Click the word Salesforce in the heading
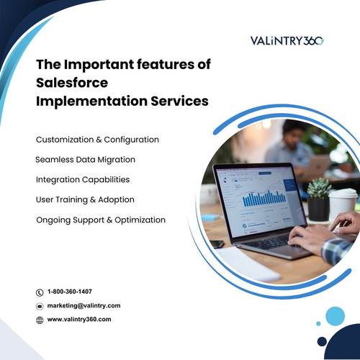coord(68,83)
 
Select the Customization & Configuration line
coord(97,139)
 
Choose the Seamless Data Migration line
coord(85,159)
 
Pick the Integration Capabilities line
coord(83,179)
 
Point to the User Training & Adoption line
coord(85,199)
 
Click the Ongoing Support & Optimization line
coord(101,220)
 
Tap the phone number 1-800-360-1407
coord(79,292)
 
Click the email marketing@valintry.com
coord(84,305)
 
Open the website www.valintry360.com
coord(79,319)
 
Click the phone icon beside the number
coord(40,292)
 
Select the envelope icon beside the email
coord(40,306)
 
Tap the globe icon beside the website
coord(40,320)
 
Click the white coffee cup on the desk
coord(343,203)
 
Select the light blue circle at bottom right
coord(334,315)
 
